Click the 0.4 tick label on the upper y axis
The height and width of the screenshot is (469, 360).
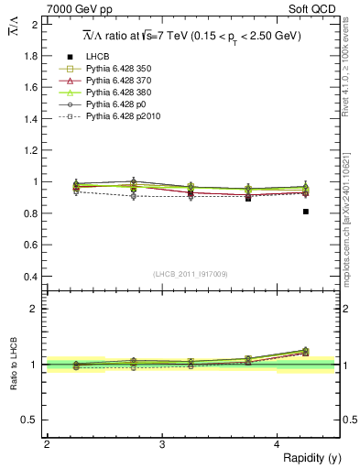pyautogui.click(x=31, y=276)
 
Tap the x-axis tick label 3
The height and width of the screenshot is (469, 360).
pyautogui.click(x=161, y=444)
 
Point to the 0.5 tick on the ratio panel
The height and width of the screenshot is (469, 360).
pyautogui.click(x=31, y=420)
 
